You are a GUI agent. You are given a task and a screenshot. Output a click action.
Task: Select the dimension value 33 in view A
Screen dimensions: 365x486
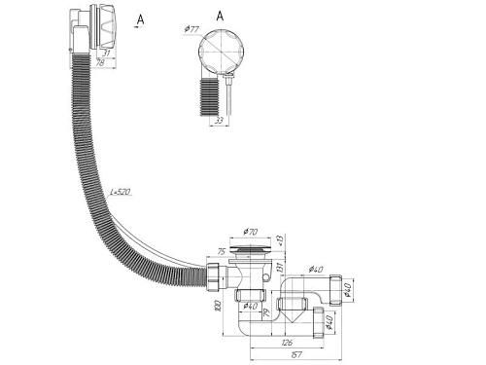pyautogui.click(x=220, y=122)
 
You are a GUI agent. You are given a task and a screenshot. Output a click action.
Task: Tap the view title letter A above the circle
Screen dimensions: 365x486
pyautogui.click(x=218, y=16)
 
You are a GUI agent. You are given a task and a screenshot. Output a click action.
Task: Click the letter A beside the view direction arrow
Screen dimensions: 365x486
pyautogui.click(x=142, y=18)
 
